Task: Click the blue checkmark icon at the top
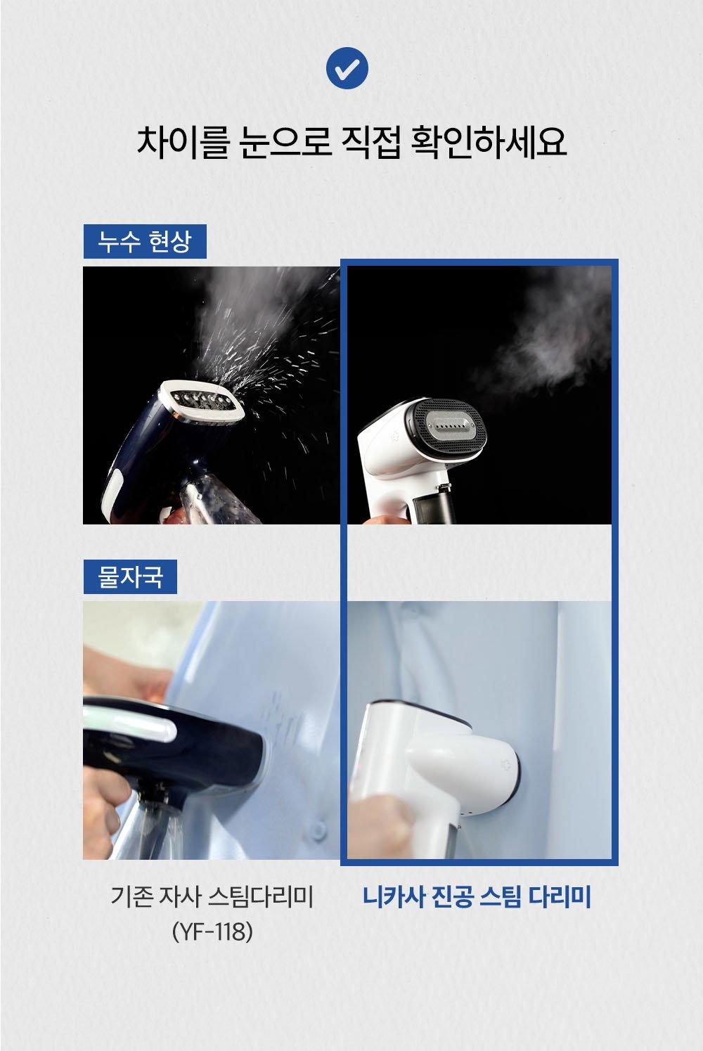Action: pos(347,68)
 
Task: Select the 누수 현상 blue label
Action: pos(144,241)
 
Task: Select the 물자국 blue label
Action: pos(130,576)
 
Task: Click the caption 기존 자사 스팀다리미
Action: pos(212,897)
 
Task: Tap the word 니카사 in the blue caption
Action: pos(394,897)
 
